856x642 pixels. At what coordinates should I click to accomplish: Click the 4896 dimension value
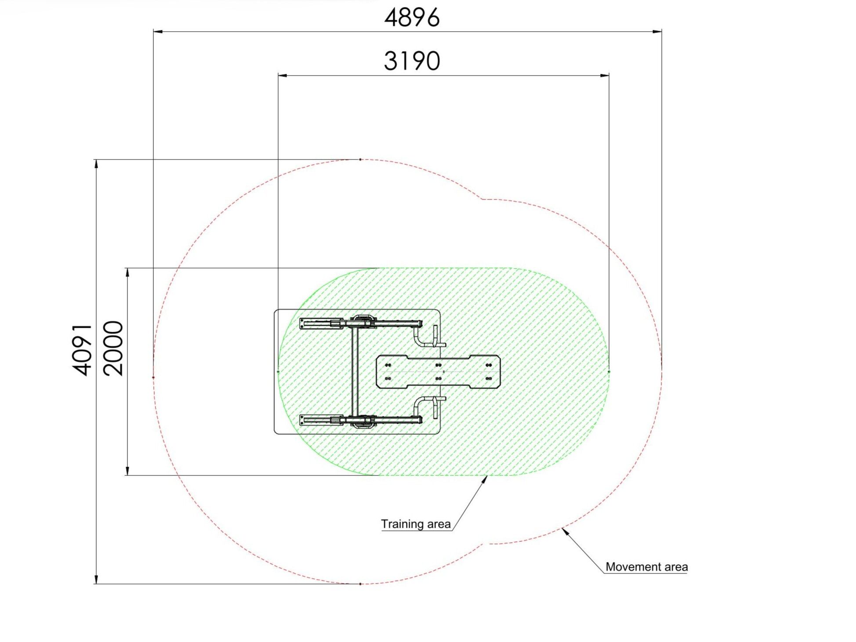[412, 18]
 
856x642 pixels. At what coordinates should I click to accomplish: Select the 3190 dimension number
[412, 61]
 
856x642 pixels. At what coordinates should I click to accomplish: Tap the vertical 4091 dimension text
[83, 350]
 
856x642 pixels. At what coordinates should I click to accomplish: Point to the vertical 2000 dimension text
[113, 348]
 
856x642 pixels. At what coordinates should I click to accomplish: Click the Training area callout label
[416, 524]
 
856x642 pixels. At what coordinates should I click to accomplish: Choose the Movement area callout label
[646, 567]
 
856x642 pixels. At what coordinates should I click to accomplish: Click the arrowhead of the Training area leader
[485, 479]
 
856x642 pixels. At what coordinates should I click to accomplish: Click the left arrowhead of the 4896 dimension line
[158, 32]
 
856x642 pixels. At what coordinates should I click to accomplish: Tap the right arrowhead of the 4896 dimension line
[657, 32]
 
